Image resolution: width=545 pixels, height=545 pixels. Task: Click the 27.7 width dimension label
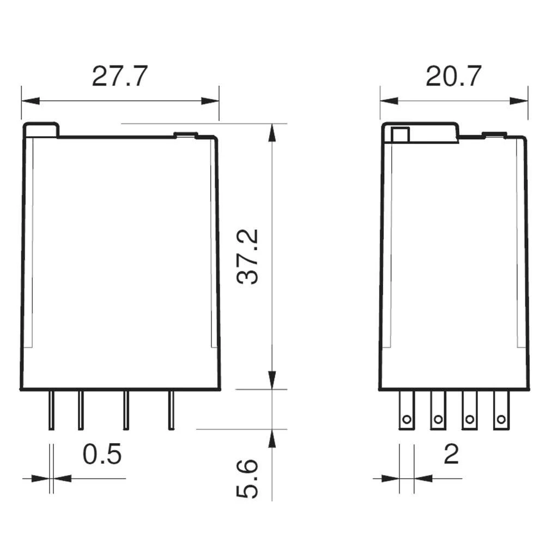tap(119, 77)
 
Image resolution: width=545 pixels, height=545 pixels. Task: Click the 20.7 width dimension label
tap(453, 77)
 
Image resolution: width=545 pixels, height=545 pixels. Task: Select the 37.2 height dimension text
tap(250, 256)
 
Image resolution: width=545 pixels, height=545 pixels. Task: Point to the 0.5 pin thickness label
tap(102, 455)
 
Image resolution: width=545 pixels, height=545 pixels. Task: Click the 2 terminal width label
tap(451, 455)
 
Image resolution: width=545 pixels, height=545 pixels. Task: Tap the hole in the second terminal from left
tap(438, 420)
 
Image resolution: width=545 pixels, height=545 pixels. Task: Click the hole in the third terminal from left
tap(469, 420)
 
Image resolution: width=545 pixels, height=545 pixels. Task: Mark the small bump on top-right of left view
tap(185, 134)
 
